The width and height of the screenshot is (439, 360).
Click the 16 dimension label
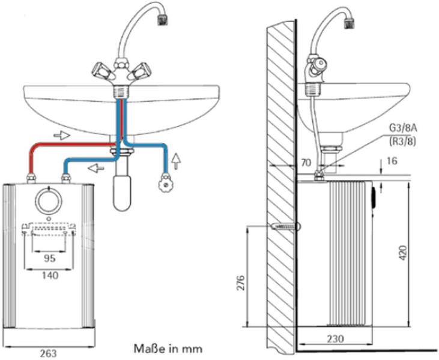(x=392, y=162)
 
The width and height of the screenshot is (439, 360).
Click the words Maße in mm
(x=168, y=348)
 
